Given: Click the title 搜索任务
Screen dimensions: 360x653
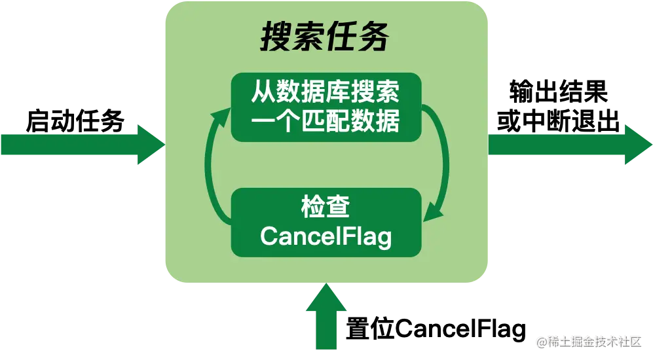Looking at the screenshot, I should click(325, 38).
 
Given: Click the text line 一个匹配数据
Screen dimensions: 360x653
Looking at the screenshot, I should click(325, 122).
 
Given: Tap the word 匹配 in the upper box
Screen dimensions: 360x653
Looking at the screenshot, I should click(325, 122).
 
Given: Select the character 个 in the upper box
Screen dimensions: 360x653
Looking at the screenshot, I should click(288, 122).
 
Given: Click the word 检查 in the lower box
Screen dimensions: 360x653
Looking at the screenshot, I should click(325, 207).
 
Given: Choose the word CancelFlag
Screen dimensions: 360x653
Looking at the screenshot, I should click(326, 236).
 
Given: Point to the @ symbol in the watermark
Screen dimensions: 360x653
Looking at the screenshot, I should click(542, 342).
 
